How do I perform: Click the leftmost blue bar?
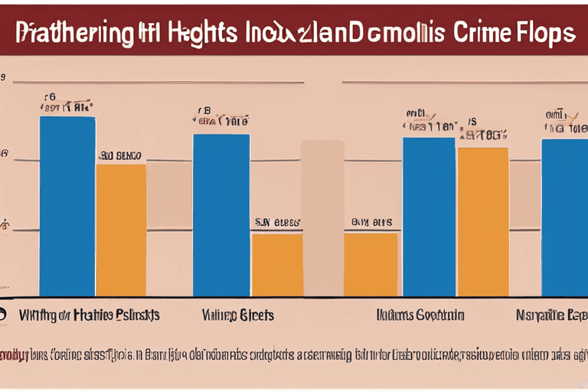coord(67,206)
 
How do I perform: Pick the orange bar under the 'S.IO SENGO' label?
coord(121,230)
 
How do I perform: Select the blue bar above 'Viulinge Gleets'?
coord(221,215)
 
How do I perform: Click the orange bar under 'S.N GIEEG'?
coord(277,264)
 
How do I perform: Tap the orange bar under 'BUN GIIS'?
coord(371,264)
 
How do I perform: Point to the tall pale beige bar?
coord(322,217)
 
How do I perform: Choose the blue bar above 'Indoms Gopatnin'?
coord(430,217)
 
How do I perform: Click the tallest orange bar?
coord(482,221)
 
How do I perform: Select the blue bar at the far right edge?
coord(564,217)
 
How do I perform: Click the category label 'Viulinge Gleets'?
coord(238,315)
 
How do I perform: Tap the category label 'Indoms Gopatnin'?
coord(420,315)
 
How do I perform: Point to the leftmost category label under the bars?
coord(89,315)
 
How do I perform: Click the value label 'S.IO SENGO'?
coord(120,155)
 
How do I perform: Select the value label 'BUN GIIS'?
coord(371,223)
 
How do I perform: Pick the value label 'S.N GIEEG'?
coord(277,223)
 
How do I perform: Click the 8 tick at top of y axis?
coord(4,78)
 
